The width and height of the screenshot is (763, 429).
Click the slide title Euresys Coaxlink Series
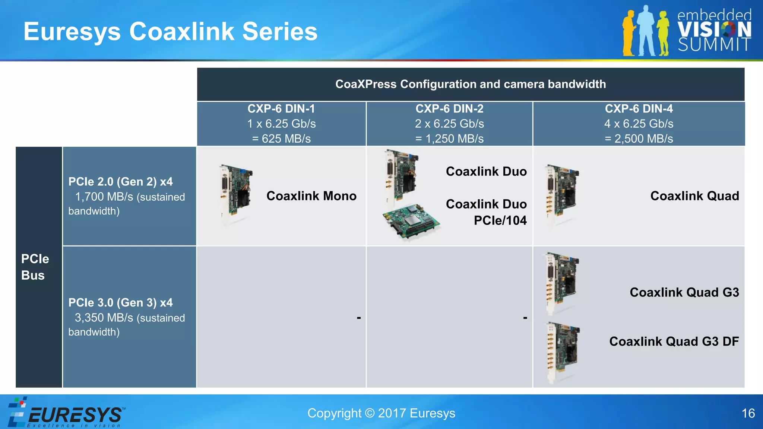[x=170, y=31]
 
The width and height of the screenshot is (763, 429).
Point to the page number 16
[x=748, y=413]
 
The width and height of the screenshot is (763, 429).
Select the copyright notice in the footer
[x=381, y=413]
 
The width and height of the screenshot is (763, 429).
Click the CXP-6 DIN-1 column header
[x=281, y=109]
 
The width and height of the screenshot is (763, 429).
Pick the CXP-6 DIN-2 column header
[x=449, y=109]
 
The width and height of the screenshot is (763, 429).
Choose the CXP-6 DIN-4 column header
[x=639, y=109]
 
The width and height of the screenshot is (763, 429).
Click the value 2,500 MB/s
[x=639, y=139]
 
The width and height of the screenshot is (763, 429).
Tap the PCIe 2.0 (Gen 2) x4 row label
[x=120, y=182]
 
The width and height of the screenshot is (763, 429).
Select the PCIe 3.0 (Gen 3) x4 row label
[x=120, y=303]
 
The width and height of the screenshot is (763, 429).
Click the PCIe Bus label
[x=35, y=267]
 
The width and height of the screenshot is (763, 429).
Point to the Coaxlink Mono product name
[x=311, y=196]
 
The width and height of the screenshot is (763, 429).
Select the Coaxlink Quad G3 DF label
[x=674, y=341]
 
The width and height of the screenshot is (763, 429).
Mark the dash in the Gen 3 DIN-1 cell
[x=358, y=318]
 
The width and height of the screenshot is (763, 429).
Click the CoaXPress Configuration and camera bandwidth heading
[x=471, y=84]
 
